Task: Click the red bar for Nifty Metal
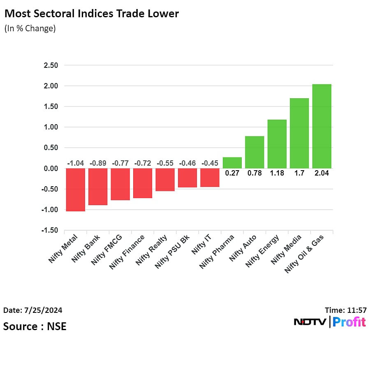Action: (x=76, y=190)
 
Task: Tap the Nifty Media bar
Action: (x=299, y=133)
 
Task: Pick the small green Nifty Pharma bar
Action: (x=232, y=163)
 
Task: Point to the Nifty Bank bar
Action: (x=98, y=187)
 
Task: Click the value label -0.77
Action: (x=120, y=163)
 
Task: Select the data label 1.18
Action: (x=277, y=173)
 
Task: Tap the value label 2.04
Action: (x=321, y=173)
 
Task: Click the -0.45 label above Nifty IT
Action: (x=210, y=163)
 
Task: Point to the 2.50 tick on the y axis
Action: (x=50, y=65)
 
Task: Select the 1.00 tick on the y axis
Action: (x=50, y=127)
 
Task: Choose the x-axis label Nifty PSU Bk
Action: (x=173, y=252)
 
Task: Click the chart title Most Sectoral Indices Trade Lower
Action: (x=91, y=14)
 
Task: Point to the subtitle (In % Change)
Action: (x=30, y=29)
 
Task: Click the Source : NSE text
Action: (x=35, y=326)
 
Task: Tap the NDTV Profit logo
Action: (x=330, y=322)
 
